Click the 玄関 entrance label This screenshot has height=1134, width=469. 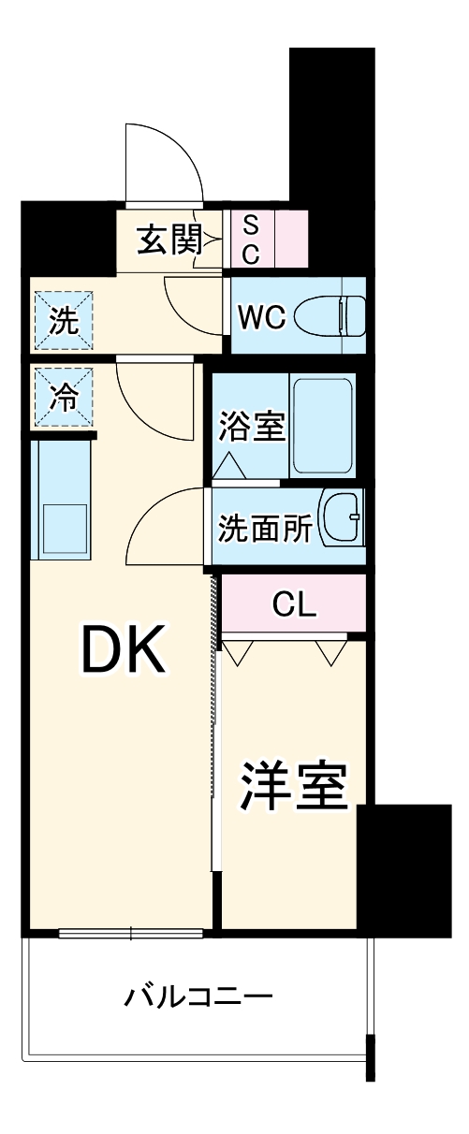[x=169, y=240]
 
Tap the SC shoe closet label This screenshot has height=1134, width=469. [x=251, y=239]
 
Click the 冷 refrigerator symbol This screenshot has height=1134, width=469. [x=63, y=398]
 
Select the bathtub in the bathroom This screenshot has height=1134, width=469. [x=322, y=426]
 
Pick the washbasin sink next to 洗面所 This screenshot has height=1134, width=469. [x=343, y=518]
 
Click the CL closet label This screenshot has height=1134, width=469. [x=293, y=604]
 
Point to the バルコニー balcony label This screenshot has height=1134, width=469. [x=199, y=995]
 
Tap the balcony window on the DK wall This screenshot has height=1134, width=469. [x=131, y=932]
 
